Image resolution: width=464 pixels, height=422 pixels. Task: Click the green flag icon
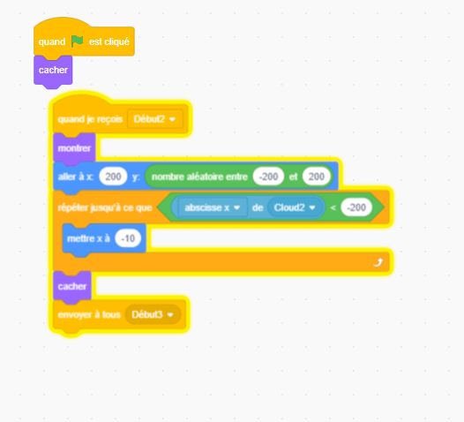[x=78, y=41]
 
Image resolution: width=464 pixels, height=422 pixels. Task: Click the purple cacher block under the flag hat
[x=53, y=70]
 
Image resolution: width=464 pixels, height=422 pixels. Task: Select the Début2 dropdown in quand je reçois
[x=155, y=119]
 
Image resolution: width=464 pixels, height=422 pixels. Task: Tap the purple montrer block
[x=74, y=148]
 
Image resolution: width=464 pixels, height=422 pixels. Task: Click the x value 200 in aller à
[x=113, y=177]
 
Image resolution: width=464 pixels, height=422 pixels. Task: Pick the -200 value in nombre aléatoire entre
[x=268, y=177]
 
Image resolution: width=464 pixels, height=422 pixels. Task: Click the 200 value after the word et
[x=317, y=177]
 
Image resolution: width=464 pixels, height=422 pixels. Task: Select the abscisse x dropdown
[x=213, y=207]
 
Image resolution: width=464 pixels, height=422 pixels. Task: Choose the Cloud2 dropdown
[x=295, y=207]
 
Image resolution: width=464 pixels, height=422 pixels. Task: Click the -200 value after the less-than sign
[x=356, y=207]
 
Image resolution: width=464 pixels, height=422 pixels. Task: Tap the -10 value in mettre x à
[x=128, y=238]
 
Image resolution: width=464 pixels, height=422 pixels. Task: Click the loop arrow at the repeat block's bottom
[x=378, y=262]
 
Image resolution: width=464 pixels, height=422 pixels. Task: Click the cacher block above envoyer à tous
[x=72, y=287]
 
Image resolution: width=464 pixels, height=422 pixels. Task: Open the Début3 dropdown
[x=153, y=314]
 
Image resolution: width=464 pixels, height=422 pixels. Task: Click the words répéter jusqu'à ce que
[x=105, y=207]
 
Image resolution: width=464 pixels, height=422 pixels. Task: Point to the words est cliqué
[x=109, y=41]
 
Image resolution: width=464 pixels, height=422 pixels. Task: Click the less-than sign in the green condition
[x=333, y=207]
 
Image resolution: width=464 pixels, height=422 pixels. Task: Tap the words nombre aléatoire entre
[x=199, y=177]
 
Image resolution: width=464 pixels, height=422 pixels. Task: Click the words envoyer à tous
[x=89, y=314]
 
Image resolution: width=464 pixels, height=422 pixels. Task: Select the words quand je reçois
[x=90, y=119]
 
